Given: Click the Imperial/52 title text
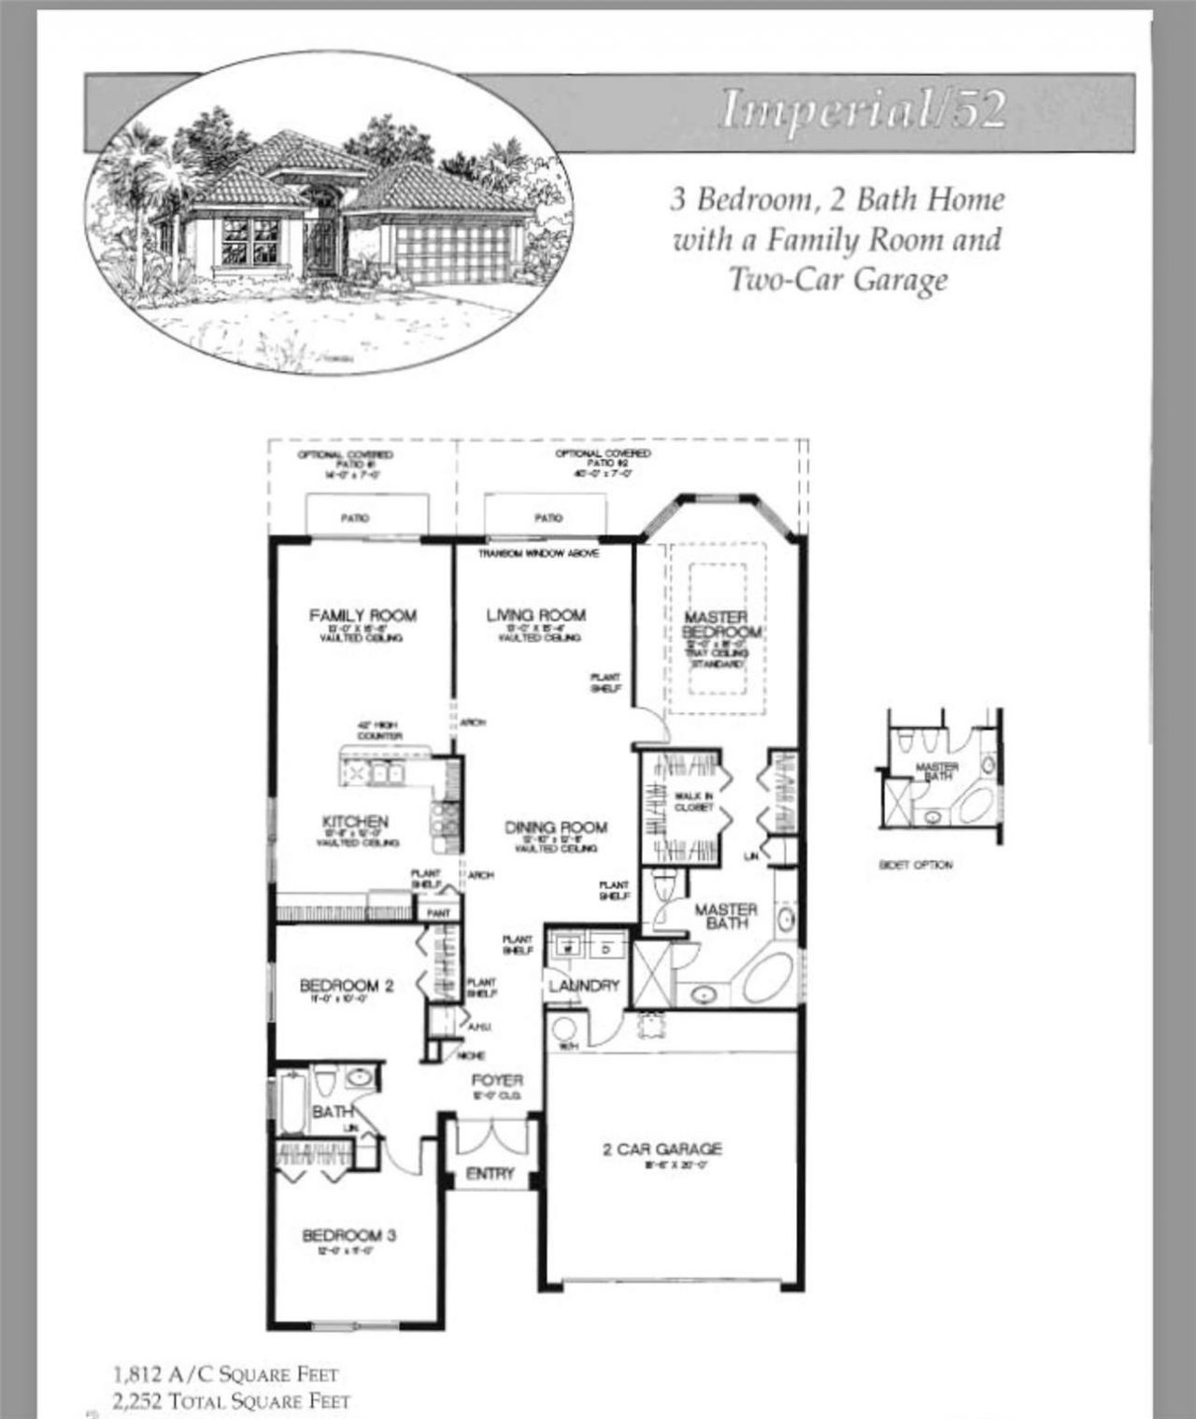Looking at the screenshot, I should coord(861,110).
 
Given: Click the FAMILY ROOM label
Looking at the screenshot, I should coord(363,615).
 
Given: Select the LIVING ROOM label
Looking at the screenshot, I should coord(536,615).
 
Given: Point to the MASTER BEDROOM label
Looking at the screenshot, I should coord(717,624).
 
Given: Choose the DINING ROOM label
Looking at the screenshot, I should coord(556,827).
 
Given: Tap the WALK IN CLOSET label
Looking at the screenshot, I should coord(693,800).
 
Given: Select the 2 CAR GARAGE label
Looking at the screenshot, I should coord(662,1149).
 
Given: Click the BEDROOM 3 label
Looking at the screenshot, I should coord(349,1236).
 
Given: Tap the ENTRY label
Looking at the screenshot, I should coord(490,1173).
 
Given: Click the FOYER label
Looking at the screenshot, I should coord(497,1080).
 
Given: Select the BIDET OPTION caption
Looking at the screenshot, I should coord(916,865).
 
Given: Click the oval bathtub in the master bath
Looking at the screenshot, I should coord(768,979).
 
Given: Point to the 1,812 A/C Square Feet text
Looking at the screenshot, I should coord(225,1373).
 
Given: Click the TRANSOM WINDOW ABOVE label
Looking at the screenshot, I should coord(538,553).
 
